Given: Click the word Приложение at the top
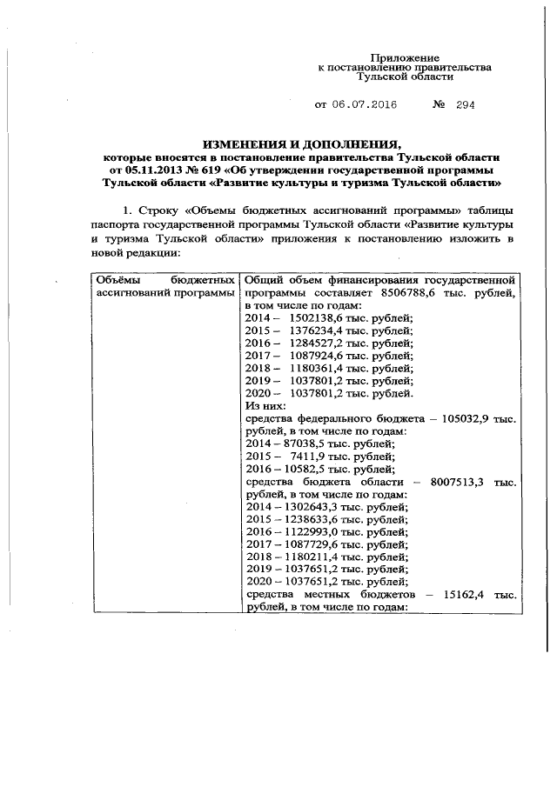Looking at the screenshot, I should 405,56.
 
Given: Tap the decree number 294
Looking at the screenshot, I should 463,105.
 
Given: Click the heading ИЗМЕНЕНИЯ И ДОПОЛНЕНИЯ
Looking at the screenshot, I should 301,143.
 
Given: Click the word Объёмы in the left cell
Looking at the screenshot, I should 115,281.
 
